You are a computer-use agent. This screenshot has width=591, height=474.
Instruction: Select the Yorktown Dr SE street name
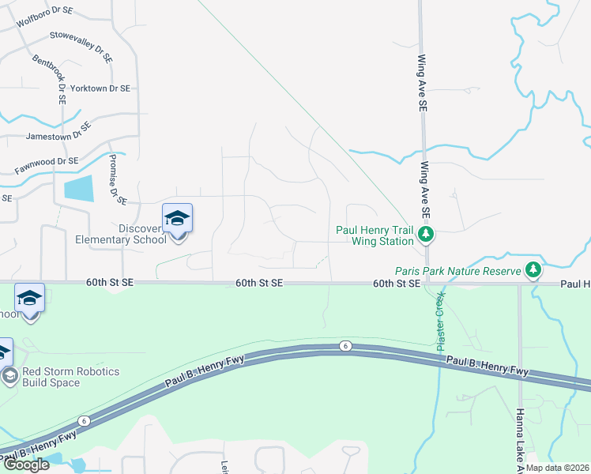[100, 89]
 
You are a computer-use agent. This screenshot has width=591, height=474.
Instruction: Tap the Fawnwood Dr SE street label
[47, 165]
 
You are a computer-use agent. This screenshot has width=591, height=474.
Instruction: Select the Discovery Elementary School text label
[120, 235]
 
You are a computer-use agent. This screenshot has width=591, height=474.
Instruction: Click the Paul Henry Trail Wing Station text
[375, 235]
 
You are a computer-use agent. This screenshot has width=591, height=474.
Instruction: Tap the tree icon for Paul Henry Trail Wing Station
[426, 234]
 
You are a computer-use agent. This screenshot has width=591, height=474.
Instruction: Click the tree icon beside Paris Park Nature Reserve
[533, 270]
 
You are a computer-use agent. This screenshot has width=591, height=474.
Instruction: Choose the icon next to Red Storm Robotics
[9, 376]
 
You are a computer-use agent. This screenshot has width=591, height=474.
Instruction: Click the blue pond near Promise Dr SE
[77, 188]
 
